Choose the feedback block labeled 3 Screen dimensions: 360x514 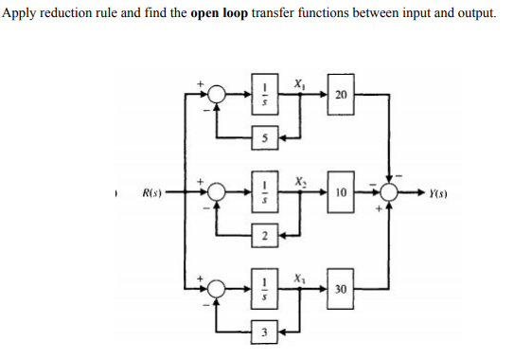(267, 332)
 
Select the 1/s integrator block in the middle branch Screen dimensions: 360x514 (267, 193)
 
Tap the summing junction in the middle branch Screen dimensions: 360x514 (216, 193)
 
